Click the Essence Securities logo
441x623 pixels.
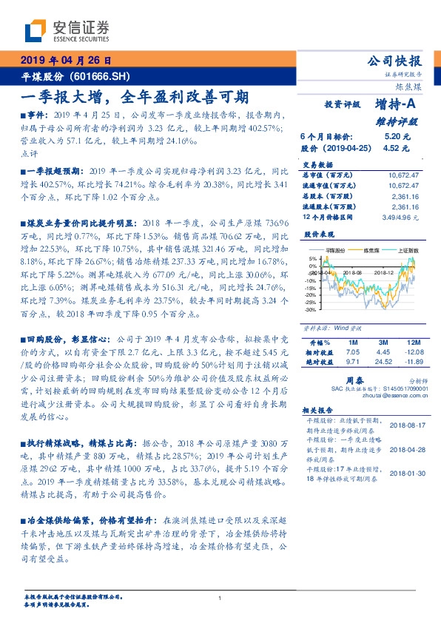[x=67, y=32]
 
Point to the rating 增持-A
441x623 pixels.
[x=397, y=107]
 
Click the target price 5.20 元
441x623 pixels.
[x=397, y=137]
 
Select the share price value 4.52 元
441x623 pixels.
[x=397, y=148]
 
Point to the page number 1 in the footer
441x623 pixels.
[x=220, y=598]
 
